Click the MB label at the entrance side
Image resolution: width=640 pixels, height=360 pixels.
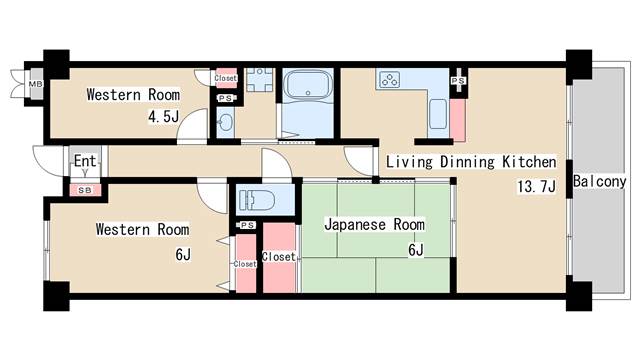35,83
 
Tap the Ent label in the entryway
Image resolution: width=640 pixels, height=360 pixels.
84,160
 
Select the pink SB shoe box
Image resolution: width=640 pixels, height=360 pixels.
84,188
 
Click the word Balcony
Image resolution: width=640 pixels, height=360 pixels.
599,182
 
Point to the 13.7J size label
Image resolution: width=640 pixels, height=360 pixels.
535,187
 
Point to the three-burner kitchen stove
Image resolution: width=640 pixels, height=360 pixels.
388,79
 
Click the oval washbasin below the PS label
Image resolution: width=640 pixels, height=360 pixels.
224,123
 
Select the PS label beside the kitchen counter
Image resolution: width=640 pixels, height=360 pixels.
458,80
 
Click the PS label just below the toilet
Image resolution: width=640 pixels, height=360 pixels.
246,225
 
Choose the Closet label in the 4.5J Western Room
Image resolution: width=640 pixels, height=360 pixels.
226,78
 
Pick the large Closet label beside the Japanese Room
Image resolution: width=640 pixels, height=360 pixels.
278,257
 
